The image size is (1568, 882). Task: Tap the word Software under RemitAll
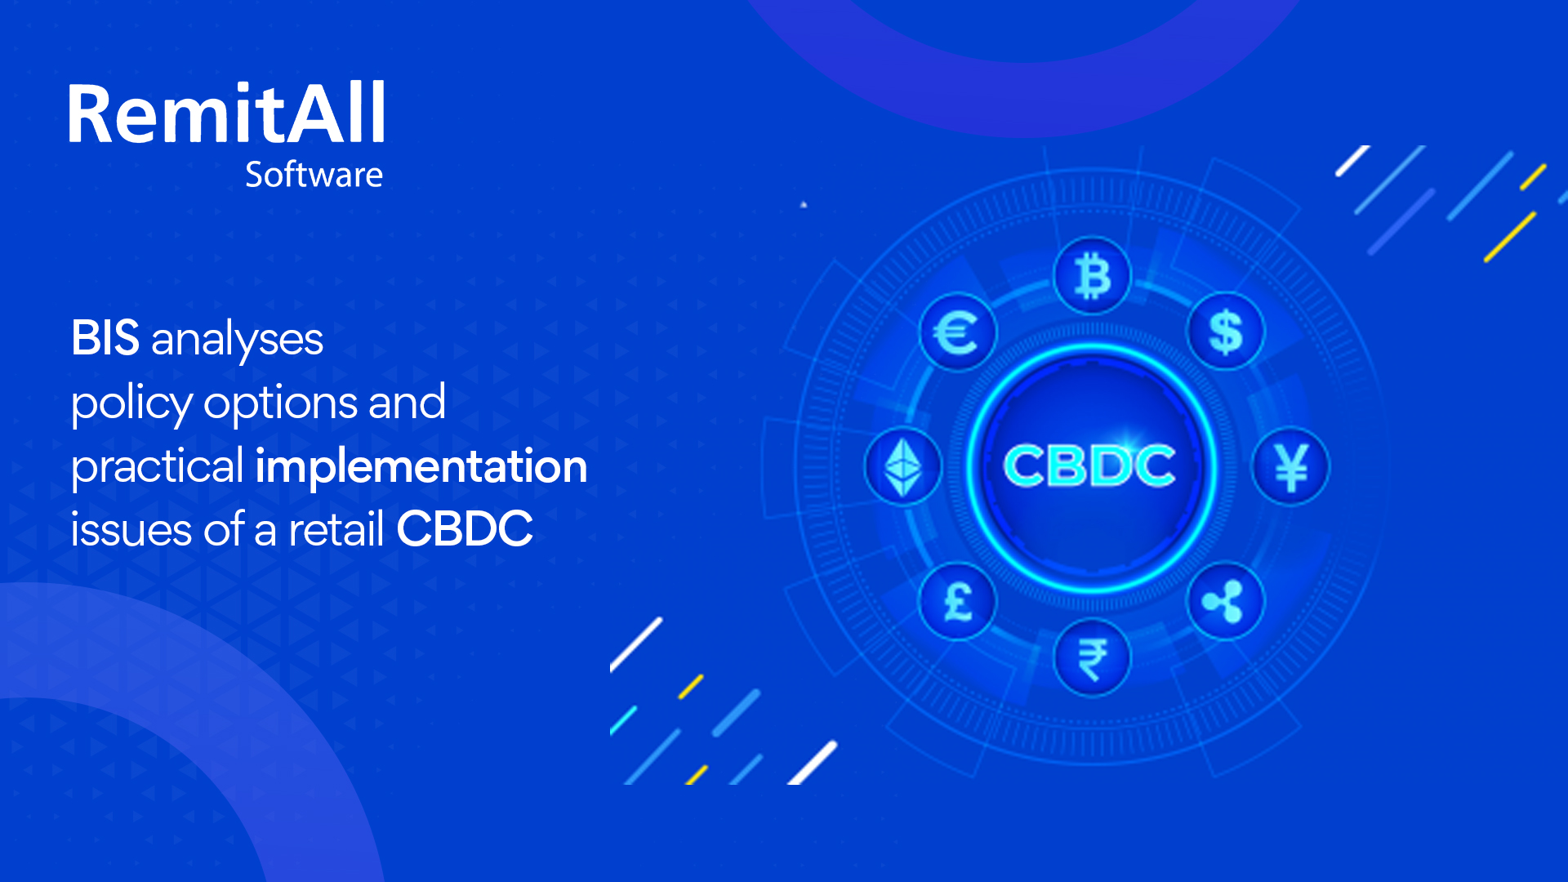pyautogui.click(x=314, y=175)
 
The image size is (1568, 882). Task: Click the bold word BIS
pyautogui.click(x=105, y=338)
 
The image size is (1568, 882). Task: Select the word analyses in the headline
pyautogui.click(x=237, y=341)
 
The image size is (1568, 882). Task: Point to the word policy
pyautogui.click(x=131, y=404)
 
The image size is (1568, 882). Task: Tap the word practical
pyautogui.click(x=157, y=468)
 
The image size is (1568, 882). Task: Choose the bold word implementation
pyautogui.click(x=421, y=466)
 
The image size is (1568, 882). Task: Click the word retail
pyautogui.click(x=336, y=529)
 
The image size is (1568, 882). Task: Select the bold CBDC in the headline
pyautogui.click(x=465, y=529)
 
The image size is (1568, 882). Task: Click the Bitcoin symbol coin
pyautogui.click(x=1092, y=276)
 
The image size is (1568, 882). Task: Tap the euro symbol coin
pyautogui.click(x=957, y=332)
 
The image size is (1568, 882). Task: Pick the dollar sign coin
pyautogui.click(x=1226, y=332)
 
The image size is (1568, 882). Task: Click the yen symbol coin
pyautogui.click(x=1290, y=467)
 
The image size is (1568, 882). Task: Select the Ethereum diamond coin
pyautogui.click(x=903, y=467)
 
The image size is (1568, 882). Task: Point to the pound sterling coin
pyautogui.click(x=957, y=602)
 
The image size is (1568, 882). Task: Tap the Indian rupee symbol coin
pyautogui.click(x=1092, y=657)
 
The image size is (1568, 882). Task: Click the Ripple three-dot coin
pyautogui.click(x=1226, y=602)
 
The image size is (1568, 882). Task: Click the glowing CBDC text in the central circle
pyautogui.click(x=1089, y=466)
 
